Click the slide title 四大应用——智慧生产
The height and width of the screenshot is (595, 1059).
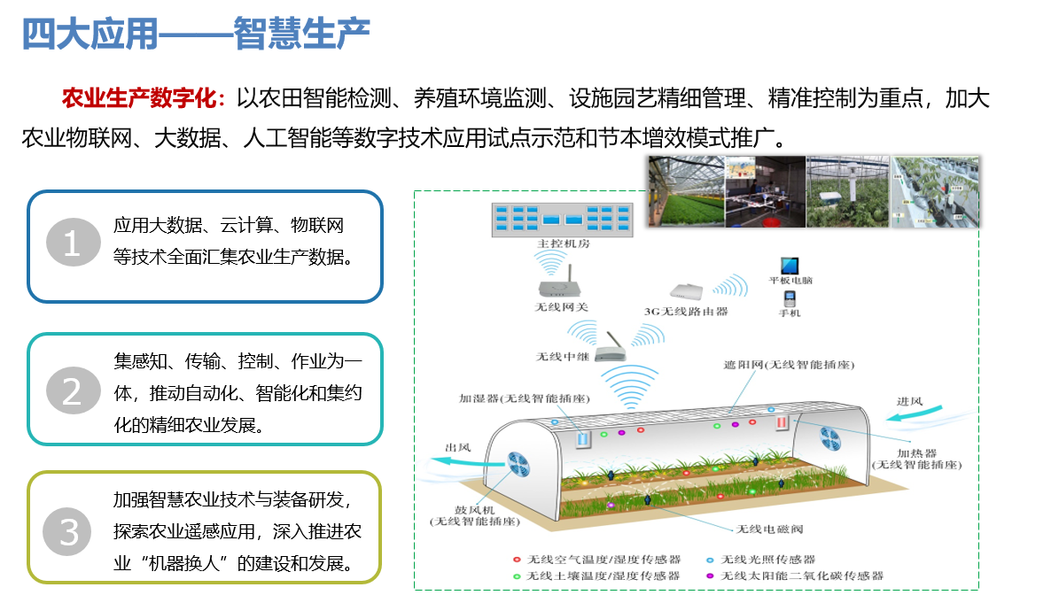[196, 34]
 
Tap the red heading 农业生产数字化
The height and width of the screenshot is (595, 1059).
[140, 98]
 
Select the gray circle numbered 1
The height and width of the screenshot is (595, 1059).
[73, 243]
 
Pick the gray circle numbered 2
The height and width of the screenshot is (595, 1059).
[73, 390]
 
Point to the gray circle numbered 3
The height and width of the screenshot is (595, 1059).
[67, 531]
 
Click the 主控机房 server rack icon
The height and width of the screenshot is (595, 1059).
[562, 220]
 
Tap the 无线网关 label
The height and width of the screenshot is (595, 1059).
[561, 307]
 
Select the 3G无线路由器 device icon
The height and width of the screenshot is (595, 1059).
[686, 291]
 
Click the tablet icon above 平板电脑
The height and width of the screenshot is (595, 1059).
[790, 265]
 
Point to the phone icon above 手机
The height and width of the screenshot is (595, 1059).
[790, 298]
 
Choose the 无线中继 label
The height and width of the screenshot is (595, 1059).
[563, 357]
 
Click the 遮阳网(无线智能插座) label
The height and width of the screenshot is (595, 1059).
[789, 365]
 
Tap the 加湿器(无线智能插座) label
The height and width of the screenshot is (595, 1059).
[525, 398]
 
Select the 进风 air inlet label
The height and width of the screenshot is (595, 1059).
[909, 401]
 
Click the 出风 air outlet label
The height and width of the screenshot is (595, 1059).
[458, 447]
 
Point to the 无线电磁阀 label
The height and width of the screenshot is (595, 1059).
[769, 529]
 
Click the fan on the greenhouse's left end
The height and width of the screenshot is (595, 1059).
[518, 464]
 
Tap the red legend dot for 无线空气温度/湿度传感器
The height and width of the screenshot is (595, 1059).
[517, 560]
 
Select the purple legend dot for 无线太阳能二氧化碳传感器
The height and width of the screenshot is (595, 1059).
[710, 576]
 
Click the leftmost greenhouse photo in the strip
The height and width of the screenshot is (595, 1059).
[686, 191]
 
